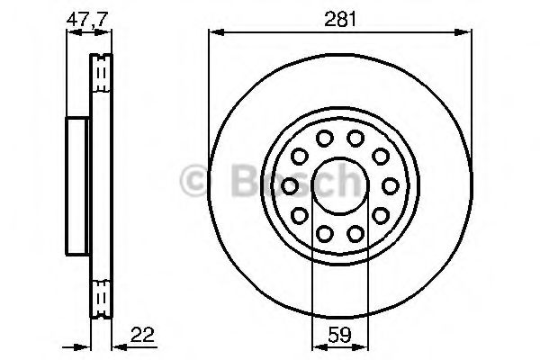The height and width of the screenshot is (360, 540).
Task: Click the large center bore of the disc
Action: [340, 185]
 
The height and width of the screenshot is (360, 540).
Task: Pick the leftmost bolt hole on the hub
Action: [290, 185]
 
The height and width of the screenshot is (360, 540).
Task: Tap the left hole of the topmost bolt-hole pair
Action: [324, 138]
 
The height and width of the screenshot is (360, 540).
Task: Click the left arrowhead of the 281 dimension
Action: [213, 32]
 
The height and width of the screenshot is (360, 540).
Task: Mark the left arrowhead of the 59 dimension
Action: [315, 346]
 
